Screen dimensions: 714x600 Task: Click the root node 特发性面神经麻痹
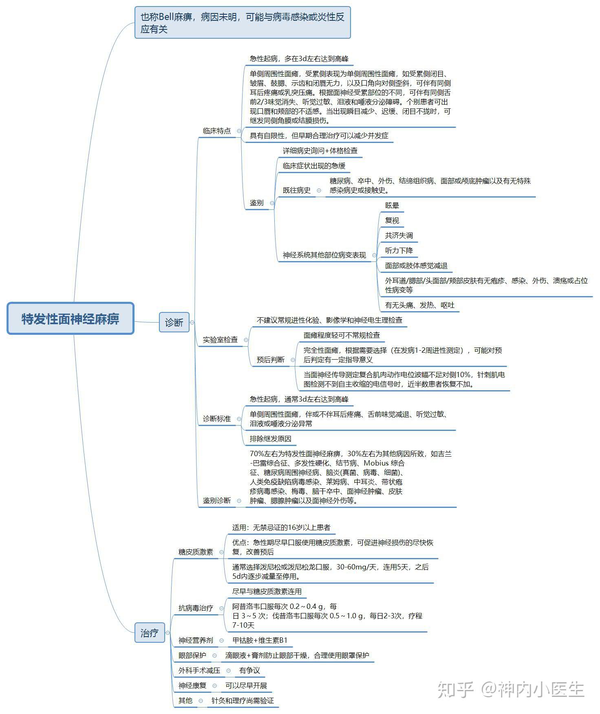tap(71, 319)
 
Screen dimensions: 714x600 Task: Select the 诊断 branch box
tap(174, 322)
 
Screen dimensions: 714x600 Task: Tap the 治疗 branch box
tap(149, 633)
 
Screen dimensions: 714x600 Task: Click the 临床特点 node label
tap(217, 131)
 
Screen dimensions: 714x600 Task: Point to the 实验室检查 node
tap(220, 339)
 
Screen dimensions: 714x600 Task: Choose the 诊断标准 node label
tap(217, 419)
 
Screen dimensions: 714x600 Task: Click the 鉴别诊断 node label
tap(217, 500)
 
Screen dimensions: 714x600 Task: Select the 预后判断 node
tap(271, 360)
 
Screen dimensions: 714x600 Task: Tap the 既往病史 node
tap(297, 190)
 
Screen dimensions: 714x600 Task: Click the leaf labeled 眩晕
tap(392, 205)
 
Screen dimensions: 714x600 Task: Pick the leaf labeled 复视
tap(392, 220)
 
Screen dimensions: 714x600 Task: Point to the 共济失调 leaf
tap(399, 235)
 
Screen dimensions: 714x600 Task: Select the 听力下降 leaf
tap(399, 250)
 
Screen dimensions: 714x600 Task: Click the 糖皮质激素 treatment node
tap(196, 552)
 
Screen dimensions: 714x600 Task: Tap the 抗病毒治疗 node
tap(196, 608)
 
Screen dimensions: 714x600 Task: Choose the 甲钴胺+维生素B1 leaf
tap(260, 640)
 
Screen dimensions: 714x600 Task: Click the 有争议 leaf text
tap(249, 670)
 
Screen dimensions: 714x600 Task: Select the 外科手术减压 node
tap(199, 670)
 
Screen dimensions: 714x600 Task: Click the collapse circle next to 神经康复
tap(215, 685)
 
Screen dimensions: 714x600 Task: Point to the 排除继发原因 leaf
tap(271, 439)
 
